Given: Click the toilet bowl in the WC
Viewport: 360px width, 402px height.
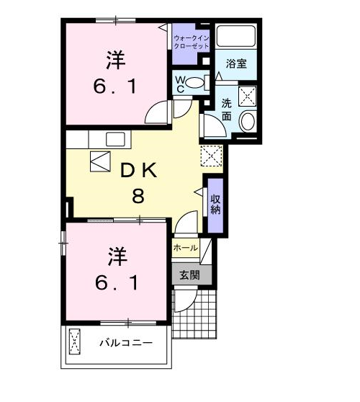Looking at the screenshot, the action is click(x=194, y=83).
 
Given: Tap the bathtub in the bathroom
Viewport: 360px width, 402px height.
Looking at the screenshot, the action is click(x=236, y=35).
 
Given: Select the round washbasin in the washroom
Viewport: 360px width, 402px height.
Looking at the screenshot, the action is click(x=248, y=121).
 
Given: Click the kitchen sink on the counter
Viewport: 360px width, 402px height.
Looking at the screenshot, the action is click(x=115, y=139).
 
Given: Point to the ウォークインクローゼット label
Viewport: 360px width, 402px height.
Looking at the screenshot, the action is click(x=192, y=42).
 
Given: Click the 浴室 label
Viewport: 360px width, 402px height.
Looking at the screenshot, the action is click(x=236, y=63).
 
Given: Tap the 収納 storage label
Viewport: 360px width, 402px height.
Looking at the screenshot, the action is click(x=215, y=205).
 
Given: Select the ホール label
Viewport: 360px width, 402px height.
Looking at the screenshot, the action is click(x=186, y=248).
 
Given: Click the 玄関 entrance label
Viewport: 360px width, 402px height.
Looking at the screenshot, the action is click(x=189, y=275).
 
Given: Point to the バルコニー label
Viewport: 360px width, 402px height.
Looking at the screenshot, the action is click(x=126, y=343).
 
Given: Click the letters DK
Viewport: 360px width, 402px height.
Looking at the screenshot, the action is click(x=139, y=171).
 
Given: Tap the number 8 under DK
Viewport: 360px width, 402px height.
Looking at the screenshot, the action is click(x=138, y=196).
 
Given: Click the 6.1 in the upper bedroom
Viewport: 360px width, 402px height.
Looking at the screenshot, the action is click(x=114, y=86).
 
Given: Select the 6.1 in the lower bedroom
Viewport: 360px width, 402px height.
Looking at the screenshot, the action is click(x=117, y=282).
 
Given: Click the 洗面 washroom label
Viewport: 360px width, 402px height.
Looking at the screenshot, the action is click(x=227, y=110).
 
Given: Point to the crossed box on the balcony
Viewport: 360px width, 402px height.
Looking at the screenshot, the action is click(x=75, y=341).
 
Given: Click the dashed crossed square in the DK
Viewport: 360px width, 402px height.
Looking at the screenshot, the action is click(x=212, y=156).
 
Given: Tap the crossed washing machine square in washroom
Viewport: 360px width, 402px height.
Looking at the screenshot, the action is click(x=247, y=96).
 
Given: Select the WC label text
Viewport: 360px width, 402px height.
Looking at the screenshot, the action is click(x=180, y=84).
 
